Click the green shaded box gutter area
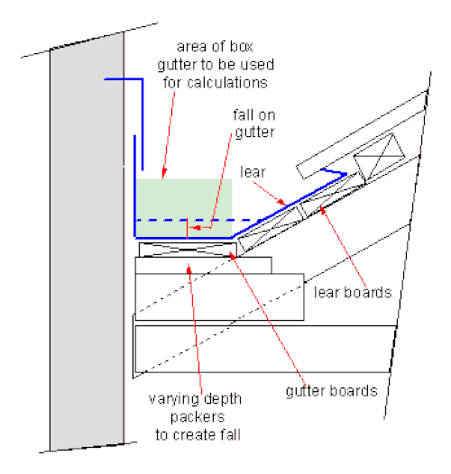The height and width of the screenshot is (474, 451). point(184,208)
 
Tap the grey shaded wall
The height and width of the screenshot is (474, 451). point(87,242)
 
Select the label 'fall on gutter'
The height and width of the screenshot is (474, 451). point(254,123)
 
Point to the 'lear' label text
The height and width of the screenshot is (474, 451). point(253,172)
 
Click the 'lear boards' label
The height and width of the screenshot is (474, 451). point(353,292)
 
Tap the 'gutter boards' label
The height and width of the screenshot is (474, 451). point(331,390)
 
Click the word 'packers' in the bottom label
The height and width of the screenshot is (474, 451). point(198,417)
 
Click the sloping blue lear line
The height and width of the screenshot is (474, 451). point(289,206)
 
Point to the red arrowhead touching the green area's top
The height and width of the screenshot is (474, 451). point(164,175)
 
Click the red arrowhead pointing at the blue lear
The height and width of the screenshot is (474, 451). point(281,202)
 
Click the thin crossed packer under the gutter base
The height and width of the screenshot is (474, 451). point(188,250)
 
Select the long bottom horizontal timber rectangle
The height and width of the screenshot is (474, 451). point(265,349)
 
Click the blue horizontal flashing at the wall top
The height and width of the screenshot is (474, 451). point(124,79)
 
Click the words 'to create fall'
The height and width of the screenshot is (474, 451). point(198,434)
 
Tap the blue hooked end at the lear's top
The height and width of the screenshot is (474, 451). point(334,172)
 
